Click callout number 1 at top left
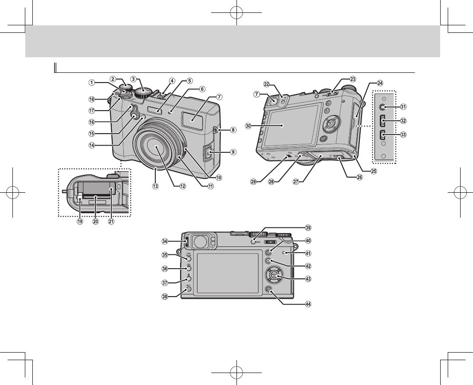coord(91,82)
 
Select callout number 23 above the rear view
coord(353,79)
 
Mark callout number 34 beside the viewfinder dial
coord(165,242)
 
